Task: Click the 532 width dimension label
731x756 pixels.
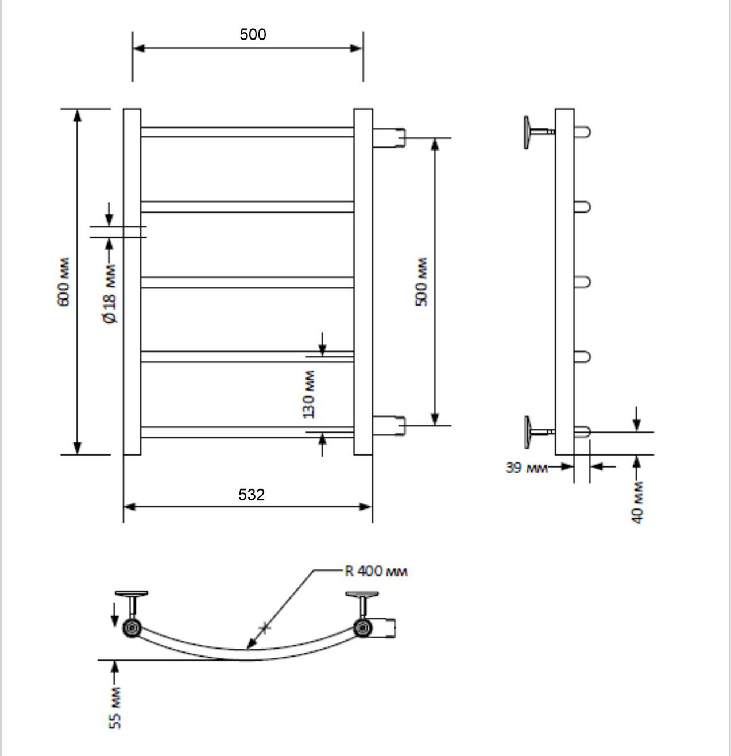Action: click(x=252, y=495)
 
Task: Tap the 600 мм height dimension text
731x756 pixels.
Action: click(x=64, y=281)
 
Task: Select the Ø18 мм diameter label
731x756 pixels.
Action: click(x=110, y=294)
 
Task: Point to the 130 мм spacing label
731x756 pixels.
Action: click(x=308, y=394)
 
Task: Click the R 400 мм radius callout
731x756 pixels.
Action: click(x=376, y=571)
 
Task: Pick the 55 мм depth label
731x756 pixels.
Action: click(x=115, y=708)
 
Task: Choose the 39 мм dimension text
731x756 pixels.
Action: click(x=527, y=468)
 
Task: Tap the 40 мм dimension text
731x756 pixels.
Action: click(x=637, y=503)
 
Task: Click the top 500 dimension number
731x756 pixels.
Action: click(x=253, y=34)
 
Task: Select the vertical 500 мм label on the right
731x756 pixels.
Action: click(x=421, y=281)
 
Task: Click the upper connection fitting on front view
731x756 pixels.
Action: click(x=389, y=138)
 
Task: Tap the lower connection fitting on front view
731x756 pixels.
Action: click(x=389, y=426)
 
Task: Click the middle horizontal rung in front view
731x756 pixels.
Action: click(x=247, y=283)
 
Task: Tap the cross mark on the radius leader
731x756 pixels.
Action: click(x=265, y=628)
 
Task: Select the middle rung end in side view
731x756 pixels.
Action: click(x=582, y=282)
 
